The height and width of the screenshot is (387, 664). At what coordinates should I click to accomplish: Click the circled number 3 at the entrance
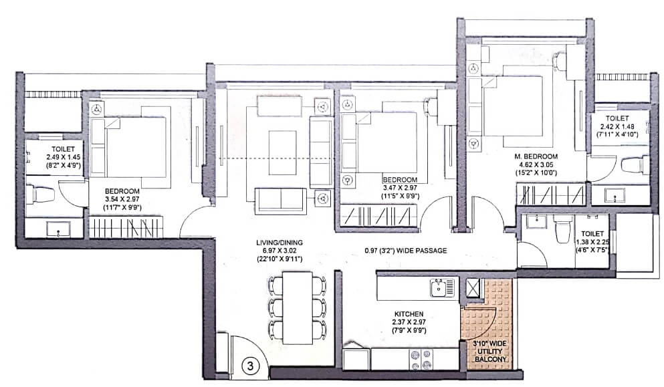248,366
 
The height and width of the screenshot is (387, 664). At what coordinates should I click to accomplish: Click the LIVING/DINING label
278,243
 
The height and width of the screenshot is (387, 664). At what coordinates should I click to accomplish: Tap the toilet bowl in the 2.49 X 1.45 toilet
42,195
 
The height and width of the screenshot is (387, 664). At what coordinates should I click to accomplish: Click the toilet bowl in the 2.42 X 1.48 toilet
635,165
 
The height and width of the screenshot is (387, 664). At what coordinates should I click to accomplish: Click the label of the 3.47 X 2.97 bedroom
400,188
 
